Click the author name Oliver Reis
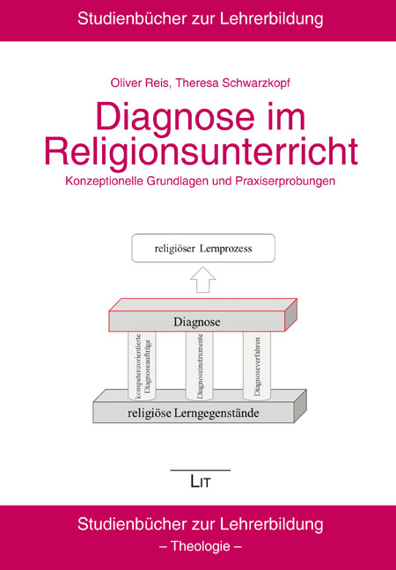pyautogui.click(x=139, y=83)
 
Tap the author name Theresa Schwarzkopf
pyautogui.click(x=233, y=84)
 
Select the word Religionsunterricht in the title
pyautogui.click(x=202, y=151)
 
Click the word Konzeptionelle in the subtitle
pyautogui.click(x=105, y=180)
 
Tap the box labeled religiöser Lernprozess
pyautogui.click(x=203, y=248)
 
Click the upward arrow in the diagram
pyautogui.click(x=203, y=279)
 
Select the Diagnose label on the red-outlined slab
pyautogui.click(x=197, y=322)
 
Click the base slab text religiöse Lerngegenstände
pyautogui.click(x=194, y=413)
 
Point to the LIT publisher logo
pyautogui.click(x=201, y=482)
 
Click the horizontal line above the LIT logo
pyautogui.click(x=201, y=471)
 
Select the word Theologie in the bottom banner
pyautogui.click(x=201, y=546)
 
